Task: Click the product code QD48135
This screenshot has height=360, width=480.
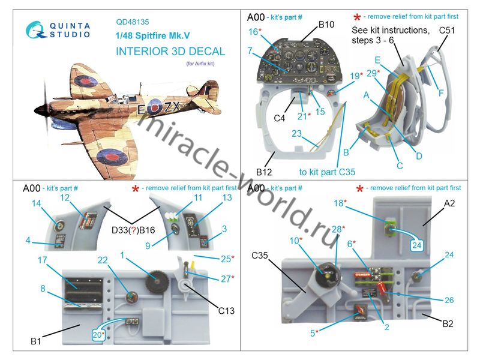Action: point(133,22)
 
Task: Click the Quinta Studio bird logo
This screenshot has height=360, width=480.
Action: point(36,30)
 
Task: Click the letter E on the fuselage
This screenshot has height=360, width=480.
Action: point(141,109)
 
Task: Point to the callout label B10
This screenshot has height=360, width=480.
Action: point(326,25)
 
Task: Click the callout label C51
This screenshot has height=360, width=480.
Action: point(446,31)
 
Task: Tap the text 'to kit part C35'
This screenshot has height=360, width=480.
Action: point(327,172)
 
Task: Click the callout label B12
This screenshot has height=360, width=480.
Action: point(264,172)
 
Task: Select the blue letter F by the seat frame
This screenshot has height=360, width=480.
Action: point(441,93)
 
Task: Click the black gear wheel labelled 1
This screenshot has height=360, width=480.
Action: point(156,281)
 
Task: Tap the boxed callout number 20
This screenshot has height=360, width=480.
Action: point(98,335)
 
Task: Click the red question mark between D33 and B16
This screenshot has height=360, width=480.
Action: point(133,230)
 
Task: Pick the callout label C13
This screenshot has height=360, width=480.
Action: point(226,311)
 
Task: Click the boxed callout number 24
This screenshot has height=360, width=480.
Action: point(416,245)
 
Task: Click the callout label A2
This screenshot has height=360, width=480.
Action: point(449,203)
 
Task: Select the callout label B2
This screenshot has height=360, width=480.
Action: point(448,323)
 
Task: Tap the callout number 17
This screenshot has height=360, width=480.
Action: point(42,260)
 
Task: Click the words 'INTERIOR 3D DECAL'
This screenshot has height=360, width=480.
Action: point(170,51)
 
